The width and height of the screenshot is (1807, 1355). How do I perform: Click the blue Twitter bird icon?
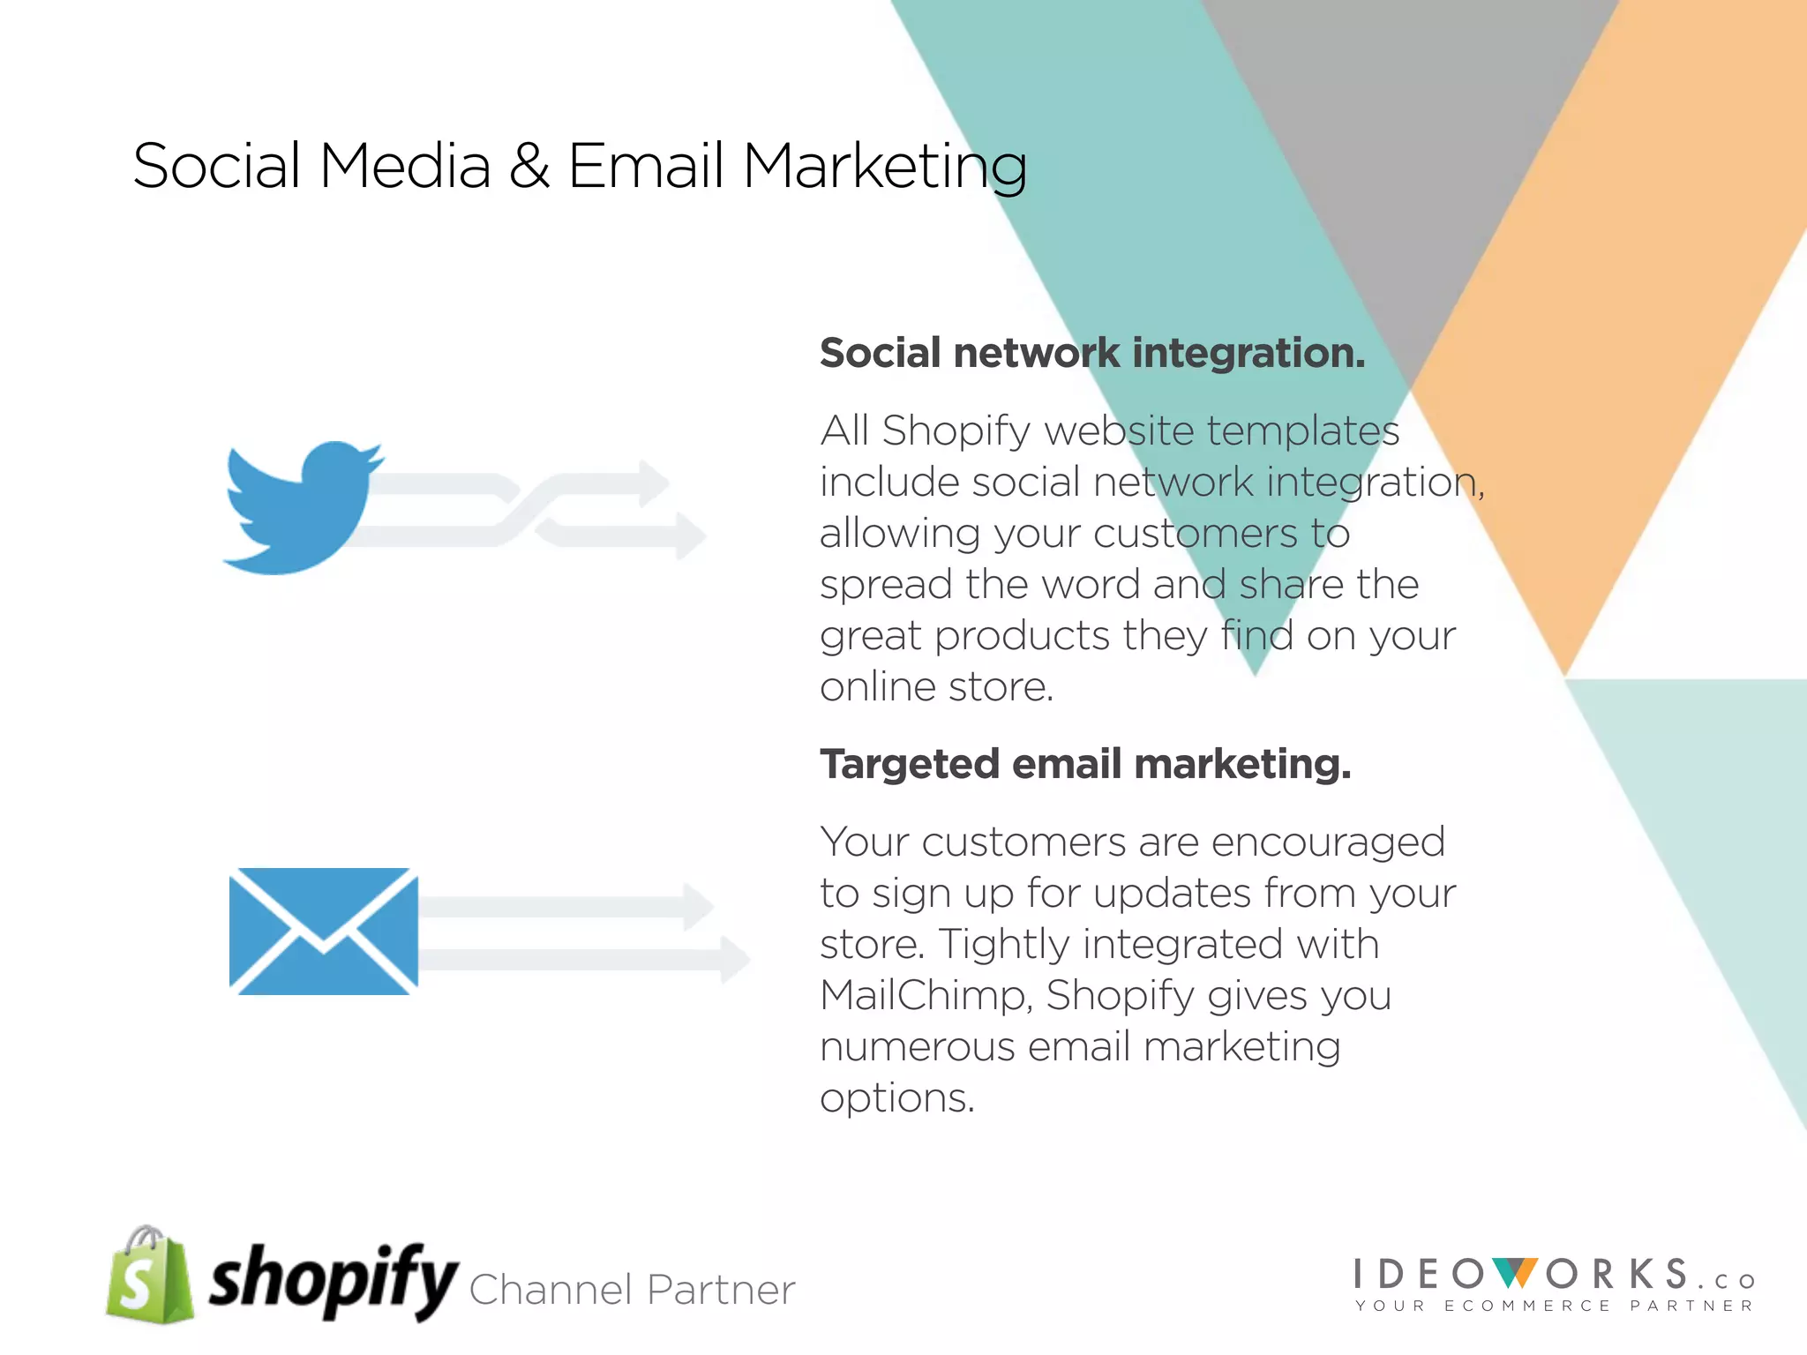tap(300, 507)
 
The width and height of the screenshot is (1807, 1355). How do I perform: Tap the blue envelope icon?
tap(323, 932)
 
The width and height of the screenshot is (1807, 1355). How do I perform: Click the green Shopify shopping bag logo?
tap(149, 1276)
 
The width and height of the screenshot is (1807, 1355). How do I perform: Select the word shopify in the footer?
tap(332, 1280)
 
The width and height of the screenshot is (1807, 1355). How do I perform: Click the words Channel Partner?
tap(632, 1290)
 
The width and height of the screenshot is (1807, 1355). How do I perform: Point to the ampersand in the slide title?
tap(529, 165)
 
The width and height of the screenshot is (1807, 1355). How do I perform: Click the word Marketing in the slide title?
tap(885, 167)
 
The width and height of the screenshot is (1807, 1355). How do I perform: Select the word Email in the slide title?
tap(646, 165)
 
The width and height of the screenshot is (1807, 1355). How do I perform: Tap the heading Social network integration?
tap(1092, 353)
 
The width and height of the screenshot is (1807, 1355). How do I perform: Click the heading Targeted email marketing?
tap(1085, 764)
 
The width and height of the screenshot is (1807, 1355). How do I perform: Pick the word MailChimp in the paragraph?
tap(926, 995)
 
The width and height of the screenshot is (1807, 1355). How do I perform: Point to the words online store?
tap(936, 686)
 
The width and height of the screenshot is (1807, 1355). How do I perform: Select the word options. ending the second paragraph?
tap(896, 1098)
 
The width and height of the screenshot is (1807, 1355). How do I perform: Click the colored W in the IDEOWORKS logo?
tap(1516, 1274)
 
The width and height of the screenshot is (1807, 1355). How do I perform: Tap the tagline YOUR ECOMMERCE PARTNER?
tap(1554, 1306)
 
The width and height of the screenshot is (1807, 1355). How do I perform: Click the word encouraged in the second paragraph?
tap(1328, 842)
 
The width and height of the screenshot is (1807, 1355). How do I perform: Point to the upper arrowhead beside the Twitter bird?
tap(654, 483)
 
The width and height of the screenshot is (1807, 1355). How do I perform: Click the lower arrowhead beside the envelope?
tap(734, 959)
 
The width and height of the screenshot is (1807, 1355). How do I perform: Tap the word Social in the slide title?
tap(217, 165)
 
